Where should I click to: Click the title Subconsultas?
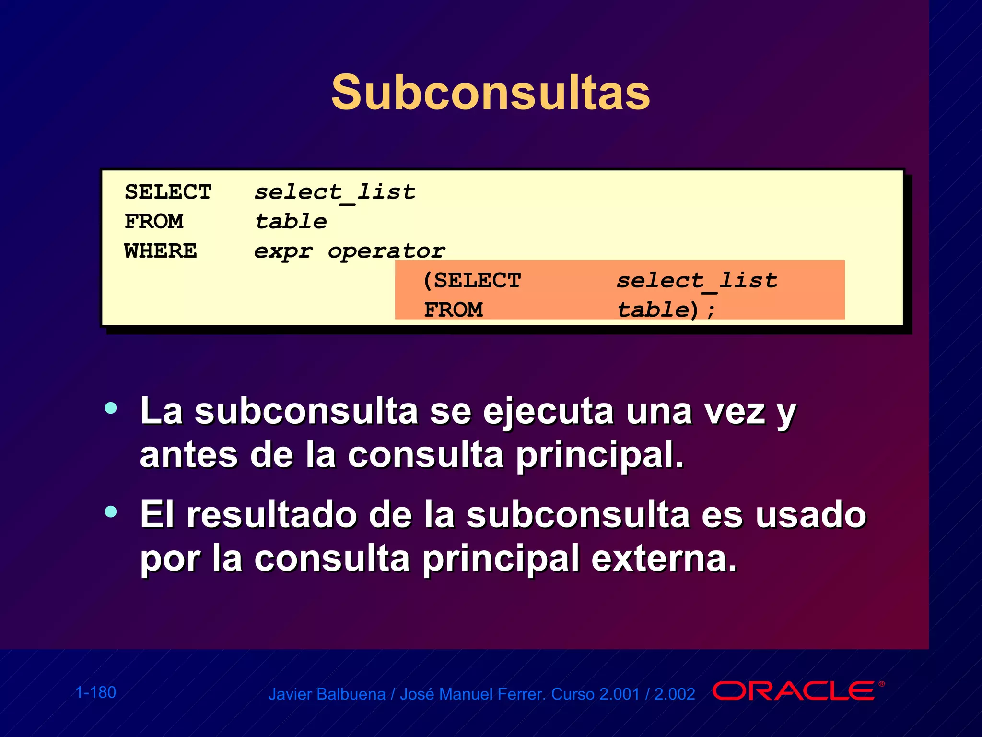point(490,92)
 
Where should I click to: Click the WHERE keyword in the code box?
point(160,251)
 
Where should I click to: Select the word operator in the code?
point(386,251)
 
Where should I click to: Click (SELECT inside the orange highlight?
point(472,280)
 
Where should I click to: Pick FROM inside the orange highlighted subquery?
point(453,310)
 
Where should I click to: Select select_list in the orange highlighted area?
point(696,281)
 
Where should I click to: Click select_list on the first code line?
point(334,192)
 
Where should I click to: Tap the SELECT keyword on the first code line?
point(168,192)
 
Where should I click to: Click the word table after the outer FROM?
point(291,222)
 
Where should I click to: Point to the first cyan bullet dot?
point(111,408)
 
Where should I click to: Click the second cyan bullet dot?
point(111,512)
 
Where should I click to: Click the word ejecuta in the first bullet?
point(548,412)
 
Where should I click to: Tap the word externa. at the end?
point(664,559)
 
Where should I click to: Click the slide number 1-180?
point(96,692)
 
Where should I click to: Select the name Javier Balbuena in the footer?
point(327,694)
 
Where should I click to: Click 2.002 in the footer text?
point(675,694)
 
